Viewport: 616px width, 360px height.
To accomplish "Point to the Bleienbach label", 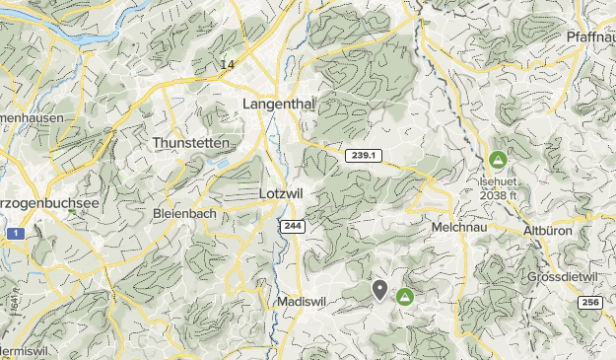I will tap(184, 213).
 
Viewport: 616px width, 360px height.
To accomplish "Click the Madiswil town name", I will tap(301, 301).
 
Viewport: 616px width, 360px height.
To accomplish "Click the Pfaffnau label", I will tap(591, 36).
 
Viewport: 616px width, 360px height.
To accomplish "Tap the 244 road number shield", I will tap(292, 226).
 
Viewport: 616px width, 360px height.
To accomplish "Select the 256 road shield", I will tap(589, 303).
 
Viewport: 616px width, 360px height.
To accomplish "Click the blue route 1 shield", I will tap(16, 234).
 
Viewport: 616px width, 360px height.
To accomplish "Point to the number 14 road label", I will tap(228, 65).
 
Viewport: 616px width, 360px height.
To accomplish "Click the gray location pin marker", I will tap(380, 289).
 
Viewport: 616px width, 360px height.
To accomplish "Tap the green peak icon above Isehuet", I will tap(498, 159).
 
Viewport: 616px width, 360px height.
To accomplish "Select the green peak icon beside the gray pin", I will tap(404, 296).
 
